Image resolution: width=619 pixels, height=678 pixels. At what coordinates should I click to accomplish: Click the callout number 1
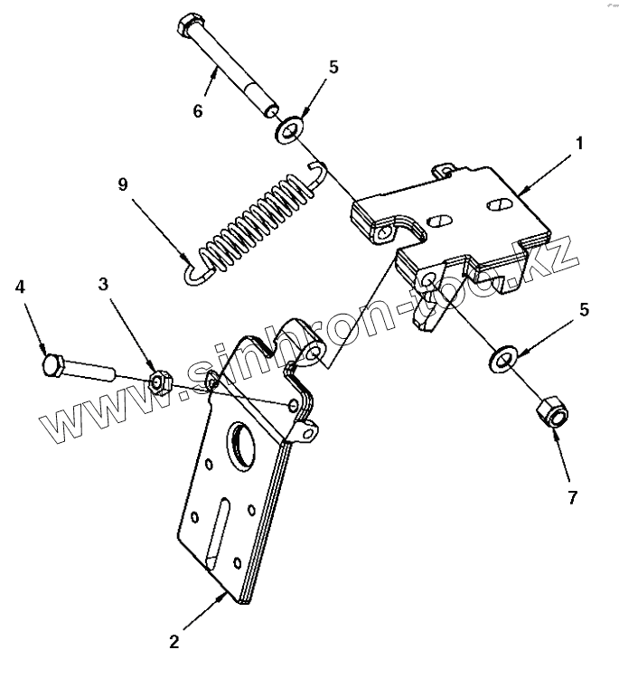pos(579,143)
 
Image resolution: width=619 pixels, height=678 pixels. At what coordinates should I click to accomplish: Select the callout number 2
pos(174,643)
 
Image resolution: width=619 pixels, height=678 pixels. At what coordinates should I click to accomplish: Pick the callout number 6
pos(198,111)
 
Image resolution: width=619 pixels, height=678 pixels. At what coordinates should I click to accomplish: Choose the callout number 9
pos(123,185)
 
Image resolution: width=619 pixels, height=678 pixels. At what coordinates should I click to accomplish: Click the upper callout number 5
pos(334,68)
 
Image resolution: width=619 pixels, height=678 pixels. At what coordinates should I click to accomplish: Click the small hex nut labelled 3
pos(160,383)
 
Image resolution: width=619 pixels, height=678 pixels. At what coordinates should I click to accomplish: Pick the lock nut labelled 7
pos(550,414)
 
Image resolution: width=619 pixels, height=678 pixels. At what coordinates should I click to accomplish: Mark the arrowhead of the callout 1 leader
pos(519,192)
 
